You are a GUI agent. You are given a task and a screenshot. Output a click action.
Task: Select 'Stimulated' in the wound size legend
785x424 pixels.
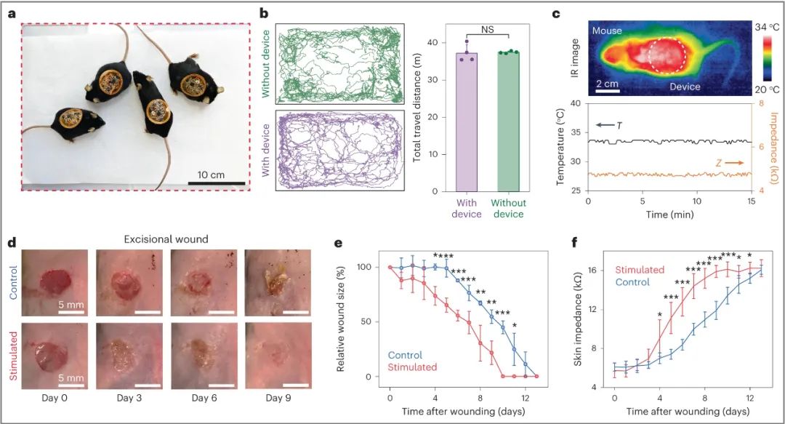point(412,367)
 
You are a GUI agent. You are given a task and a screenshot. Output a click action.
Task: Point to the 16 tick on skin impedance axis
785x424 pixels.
point(602,270)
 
